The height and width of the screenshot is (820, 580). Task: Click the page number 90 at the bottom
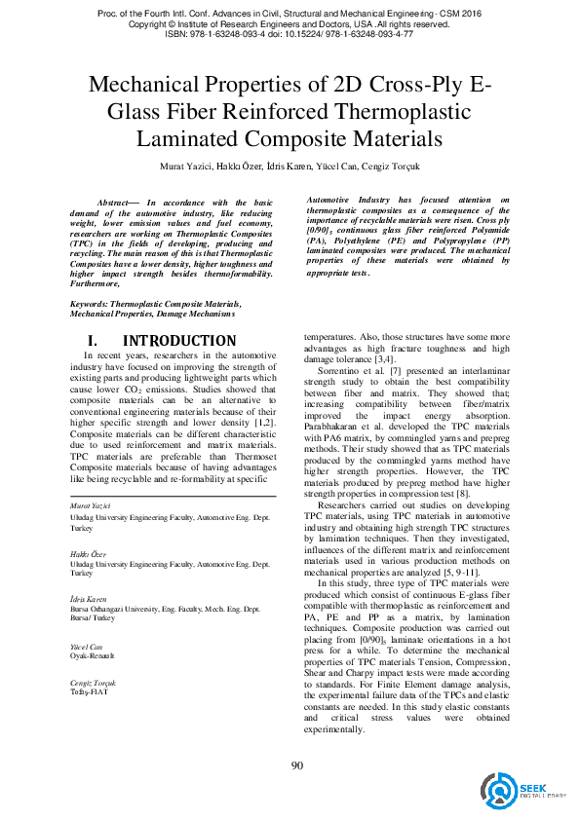(297, 764)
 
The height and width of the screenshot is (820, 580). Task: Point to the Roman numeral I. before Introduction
(94, 341)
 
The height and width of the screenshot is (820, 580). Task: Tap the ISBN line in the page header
(290, 33)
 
